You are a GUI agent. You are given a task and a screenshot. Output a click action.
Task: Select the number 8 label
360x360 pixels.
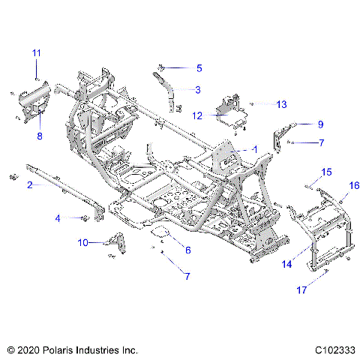coord(40,136)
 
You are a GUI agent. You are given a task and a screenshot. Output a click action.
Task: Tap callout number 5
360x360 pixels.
coord(199,68)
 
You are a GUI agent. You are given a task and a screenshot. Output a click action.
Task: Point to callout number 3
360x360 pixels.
coord(197,90)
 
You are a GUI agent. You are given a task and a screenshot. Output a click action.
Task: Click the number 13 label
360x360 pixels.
coord(260,104)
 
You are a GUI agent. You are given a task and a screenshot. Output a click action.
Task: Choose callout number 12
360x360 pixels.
coord(198,115)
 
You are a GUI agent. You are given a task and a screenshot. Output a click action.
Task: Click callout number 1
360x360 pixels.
coord(255,149)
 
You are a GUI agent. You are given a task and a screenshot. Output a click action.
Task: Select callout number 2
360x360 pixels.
coord(29,184)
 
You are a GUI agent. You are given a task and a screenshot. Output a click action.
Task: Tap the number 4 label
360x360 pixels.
coord(57,218)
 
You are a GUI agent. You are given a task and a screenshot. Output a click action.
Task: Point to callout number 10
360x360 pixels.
coord(83,242)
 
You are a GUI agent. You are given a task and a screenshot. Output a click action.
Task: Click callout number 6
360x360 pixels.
coord(187,250)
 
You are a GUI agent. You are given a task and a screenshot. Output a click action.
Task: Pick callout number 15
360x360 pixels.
coord(325,172)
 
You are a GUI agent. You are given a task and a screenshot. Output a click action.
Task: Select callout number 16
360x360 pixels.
coord(354,184)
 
